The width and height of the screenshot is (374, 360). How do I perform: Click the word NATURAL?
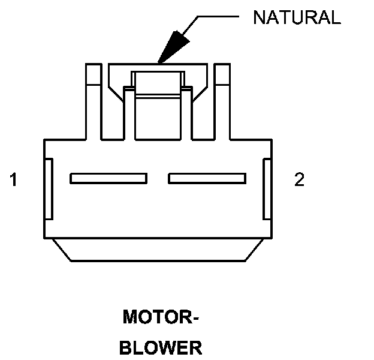pyautogui.click(x=297, y=17)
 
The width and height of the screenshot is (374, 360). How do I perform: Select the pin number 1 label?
pyautogui.click(x=13, y=179)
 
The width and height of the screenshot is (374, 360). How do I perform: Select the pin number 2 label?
pyautogui.click(x=299, y=179)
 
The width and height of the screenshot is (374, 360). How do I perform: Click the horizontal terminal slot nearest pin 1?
pyautogui.click(x=108, y=178)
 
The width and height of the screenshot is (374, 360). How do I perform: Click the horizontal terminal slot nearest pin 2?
pyautogui.click(x=207, y=178)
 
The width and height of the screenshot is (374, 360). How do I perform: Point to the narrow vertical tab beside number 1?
pyautogui.click(x=50, y=188)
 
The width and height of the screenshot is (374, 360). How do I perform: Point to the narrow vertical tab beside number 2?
pyautogui.click(x=267, y=188)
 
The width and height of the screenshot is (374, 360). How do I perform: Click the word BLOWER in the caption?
pyautogui.click(x=161, y=347)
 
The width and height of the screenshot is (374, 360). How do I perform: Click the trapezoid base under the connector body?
pyautogui.click(x=158, y=250)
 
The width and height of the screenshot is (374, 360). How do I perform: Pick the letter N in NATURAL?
pyautogui.click(x=259, y=17)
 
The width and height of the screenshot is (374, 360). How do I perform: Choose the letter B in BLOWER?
pyautogui.click(x=126, y=347)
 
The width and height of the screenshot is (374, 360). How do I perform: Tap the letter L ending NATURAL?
pyautogui.click(x=336, y=17)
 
